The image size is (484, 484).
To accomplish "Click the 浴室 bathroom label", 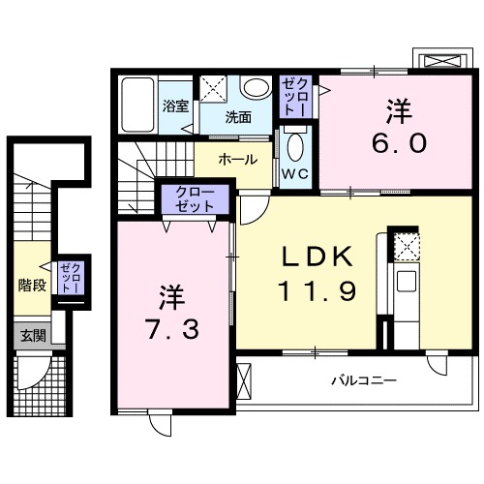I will point(175,106).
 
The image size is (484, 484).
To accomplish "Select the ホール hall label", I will point(237,159).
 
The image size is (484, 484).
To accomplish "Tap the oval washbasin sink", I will point(256,89).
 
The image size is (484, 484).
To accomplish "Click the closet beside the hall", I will point(194,199).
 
